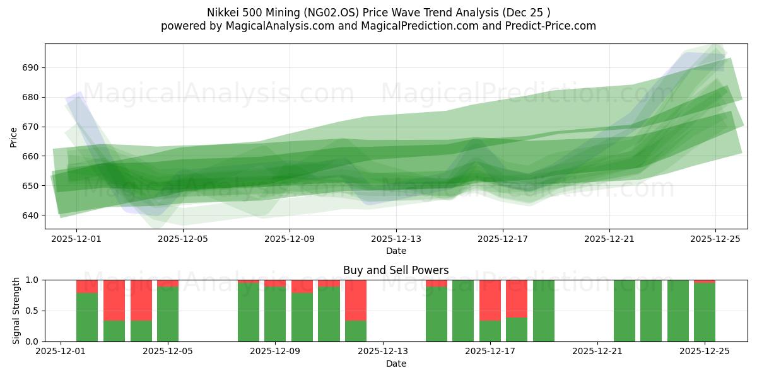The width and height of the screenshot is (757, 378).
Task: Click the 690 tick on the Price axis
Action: tap(31, 67)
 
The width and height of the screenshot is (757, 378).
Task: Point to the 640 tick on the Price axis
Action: tap(31, 215)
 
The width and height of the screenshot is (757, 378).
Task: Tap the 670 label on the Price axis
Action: tap(31, 127)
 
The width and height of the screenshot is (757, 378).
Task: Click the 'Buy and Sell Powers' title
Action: tap(396, 270)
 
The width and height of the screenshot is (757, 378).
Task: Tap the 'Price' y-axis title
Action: tap(15, 137)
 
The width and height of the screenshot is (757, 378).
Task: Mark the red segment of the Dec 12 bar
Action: tap(356, 300)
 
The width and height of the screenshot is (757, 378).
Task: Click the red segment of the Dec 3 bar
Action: tap(114, 300)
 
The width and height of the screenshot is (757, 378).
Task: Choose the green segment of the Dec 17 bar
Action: tap(490, 331)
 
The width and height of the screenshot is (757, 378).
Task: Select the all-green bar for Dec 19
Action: tap(544, 311)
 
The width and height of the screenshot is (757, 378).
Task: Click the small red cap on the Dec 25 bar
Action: tap(705, 281)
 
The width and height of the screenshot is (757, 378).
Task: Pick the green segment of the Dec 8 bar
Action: tap(249, 312)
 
